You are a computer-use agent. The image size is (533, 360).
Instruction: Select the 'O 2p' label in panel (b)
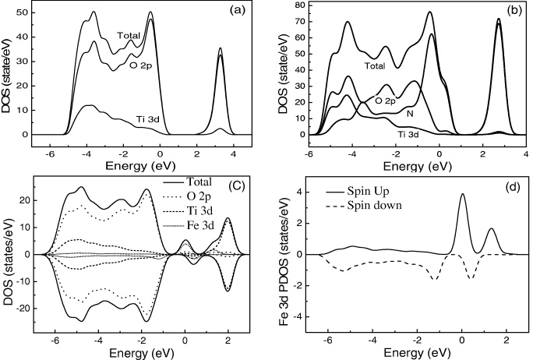(384, 100)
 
